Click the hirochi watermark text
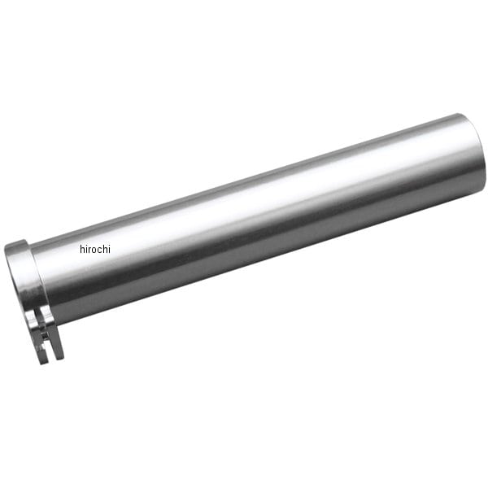point(95,249)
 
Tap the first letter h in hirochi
point(82,249)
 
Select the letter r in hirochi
point(90,251)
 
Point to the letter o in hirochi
point(94,251)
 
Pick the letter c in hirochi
point(99,251)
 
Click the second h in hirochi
point(105,249)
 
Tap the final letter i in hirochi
point(109,249)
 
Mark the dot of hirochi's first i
point(86,246)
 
